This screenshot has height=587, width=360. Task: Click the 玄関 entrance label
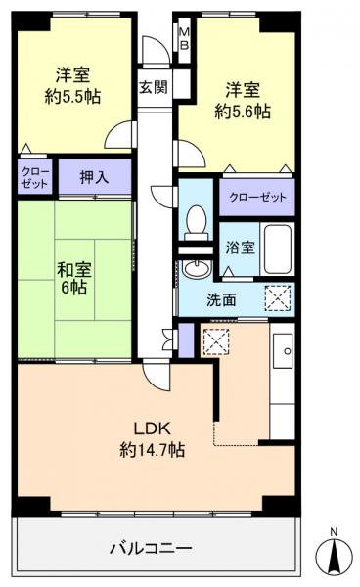(154, 86)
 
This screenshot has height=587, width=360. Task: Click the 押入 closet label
(93, 179)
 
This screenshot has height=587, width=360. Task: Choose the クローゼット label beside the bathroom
(258, 197)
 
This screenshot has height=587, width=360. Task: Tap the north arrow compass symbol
(333, 557)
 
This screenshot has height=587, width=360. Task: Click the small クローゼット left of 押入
(31, 178)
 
